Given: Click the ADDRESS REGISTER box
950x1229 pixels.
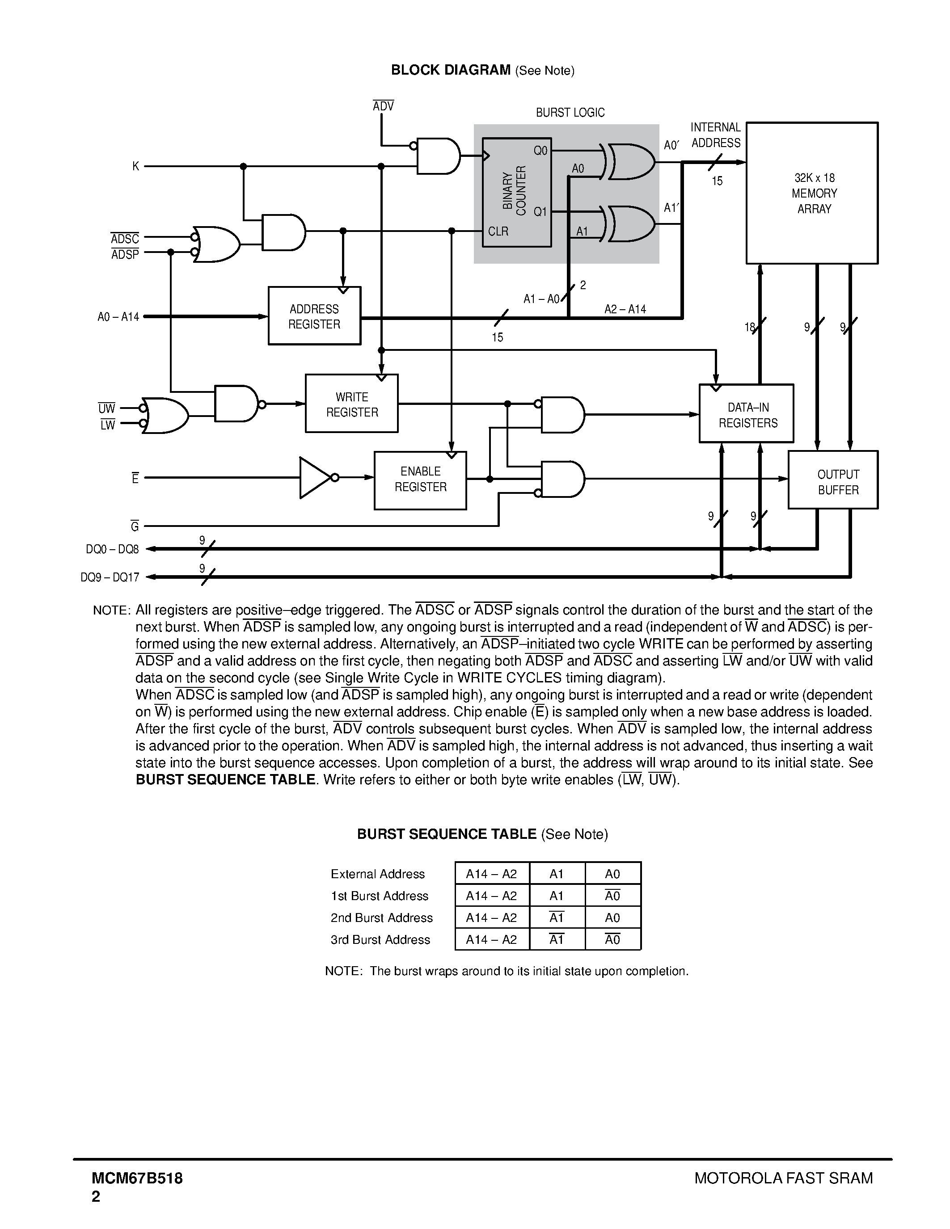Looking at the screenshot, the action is [314, 316].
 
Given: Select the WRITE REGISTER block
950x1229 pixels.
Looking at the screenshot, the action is [352, 404].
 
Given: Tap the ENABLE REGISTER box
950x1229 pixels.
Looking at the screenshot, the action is [420, 480].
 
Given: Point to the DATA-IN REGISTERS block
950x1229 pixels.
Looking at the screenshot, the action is [746, 413].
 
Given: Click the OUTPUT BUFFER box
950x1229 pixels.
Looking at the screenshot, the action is [833, 480].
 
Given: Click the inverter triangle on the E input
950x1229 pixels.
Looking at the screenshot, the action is [316, 478].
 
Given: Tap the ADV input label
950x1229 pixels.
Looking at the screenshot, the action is [383, 106].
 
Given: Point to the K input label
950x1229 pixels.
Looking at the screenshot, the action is [135, 166].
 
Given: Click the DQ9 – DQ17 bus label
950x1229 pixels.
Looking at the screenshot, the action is [110, 577].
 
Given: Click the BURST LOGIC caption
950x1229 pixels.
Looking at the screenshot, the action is [570, 113].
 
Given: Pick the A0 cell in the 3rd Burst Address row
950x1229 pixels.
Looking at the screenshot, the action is [612, 939].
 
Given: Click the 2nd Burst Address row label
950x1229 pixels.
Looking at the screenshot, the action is [382, 918].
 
